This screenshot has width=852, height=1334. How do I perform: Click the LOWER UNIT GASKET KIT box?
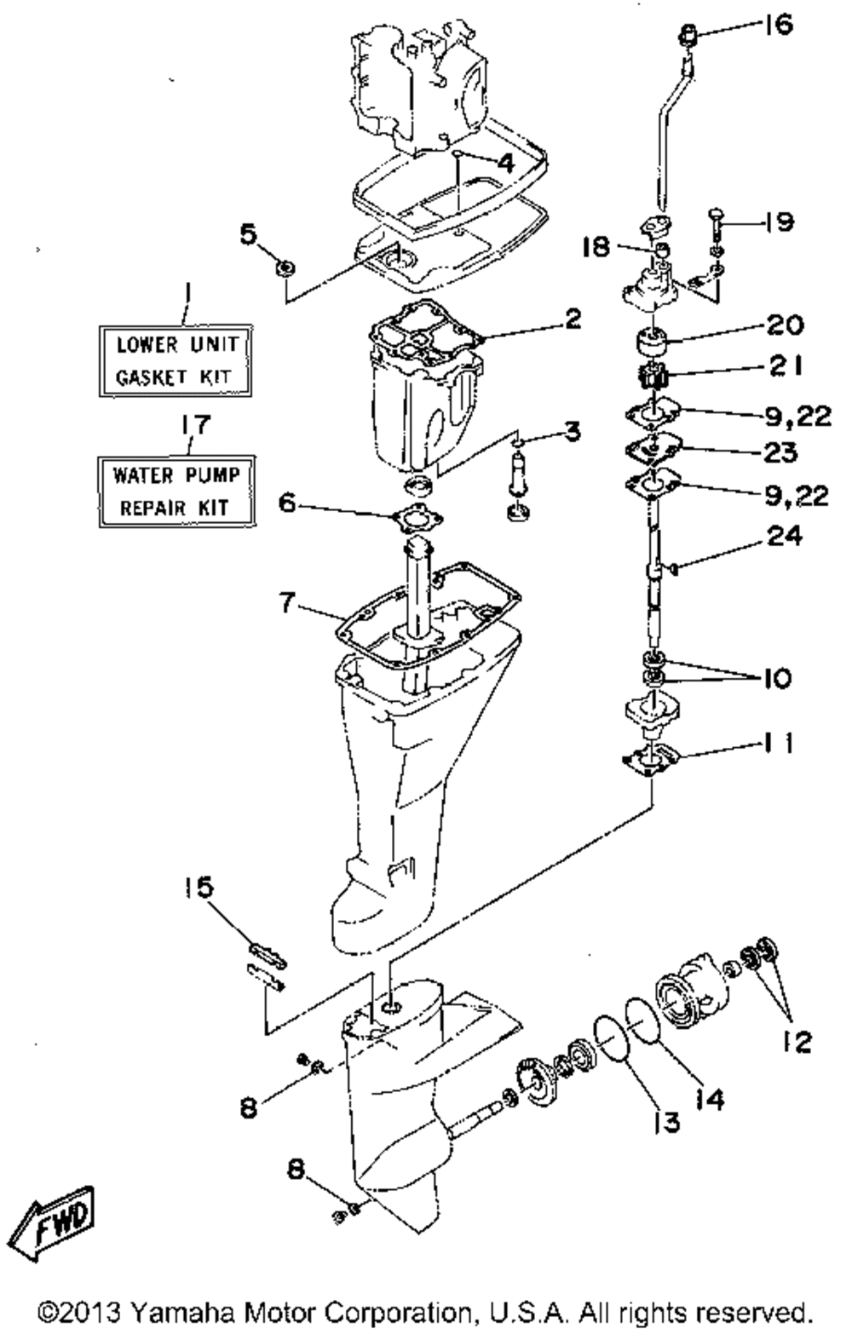click(x=176, y=361)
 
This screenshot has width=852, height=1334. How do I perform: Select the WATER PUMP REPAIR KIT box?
click(x=176, y=491)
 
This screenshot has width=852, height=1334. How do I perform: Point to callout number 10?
click(x=778, y=679)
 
